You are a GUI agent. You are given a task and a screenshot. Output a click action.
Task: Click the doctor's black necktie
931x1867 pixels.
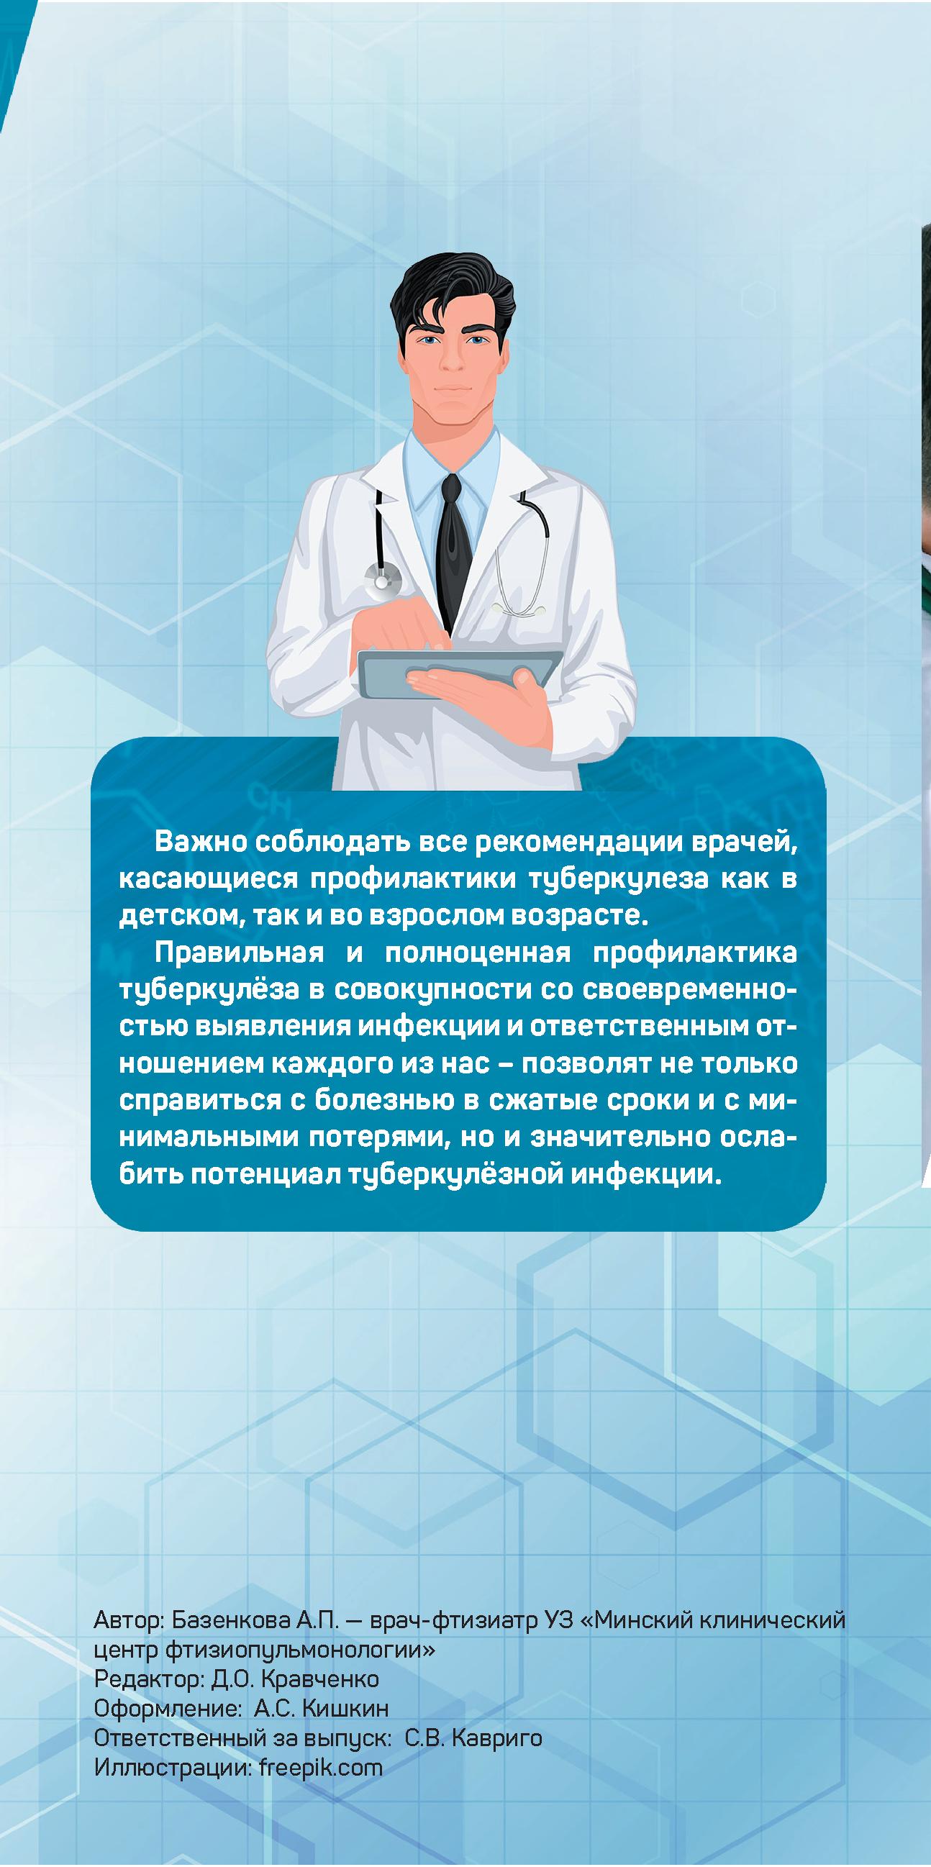pyautogui.click(x=455, y=551)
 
